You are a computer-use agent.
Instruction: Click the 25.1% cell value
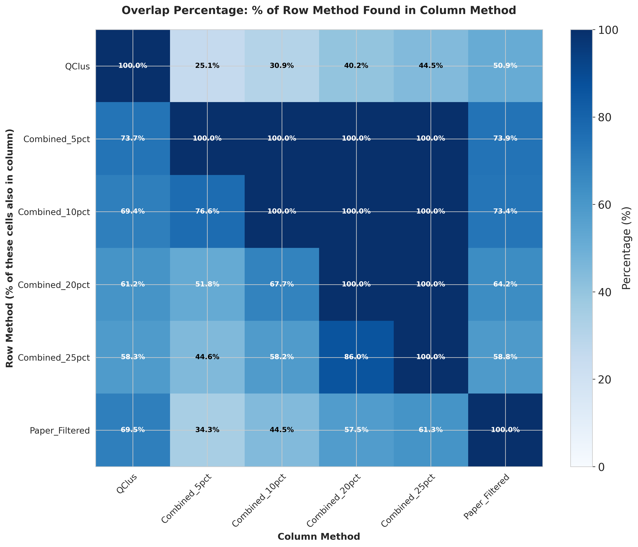[207, 66]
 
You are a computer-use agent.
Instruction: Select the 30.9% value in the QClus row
[281, 66]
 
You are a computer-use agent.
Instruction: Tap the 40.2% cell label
[356, 66]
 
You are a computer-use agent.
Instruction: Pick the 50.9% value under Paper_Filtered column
[505, 66]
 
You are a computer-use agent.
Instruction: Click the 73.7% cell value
[133, 139]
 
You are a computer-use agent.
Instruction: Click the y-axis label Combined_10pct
[54, 212]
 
